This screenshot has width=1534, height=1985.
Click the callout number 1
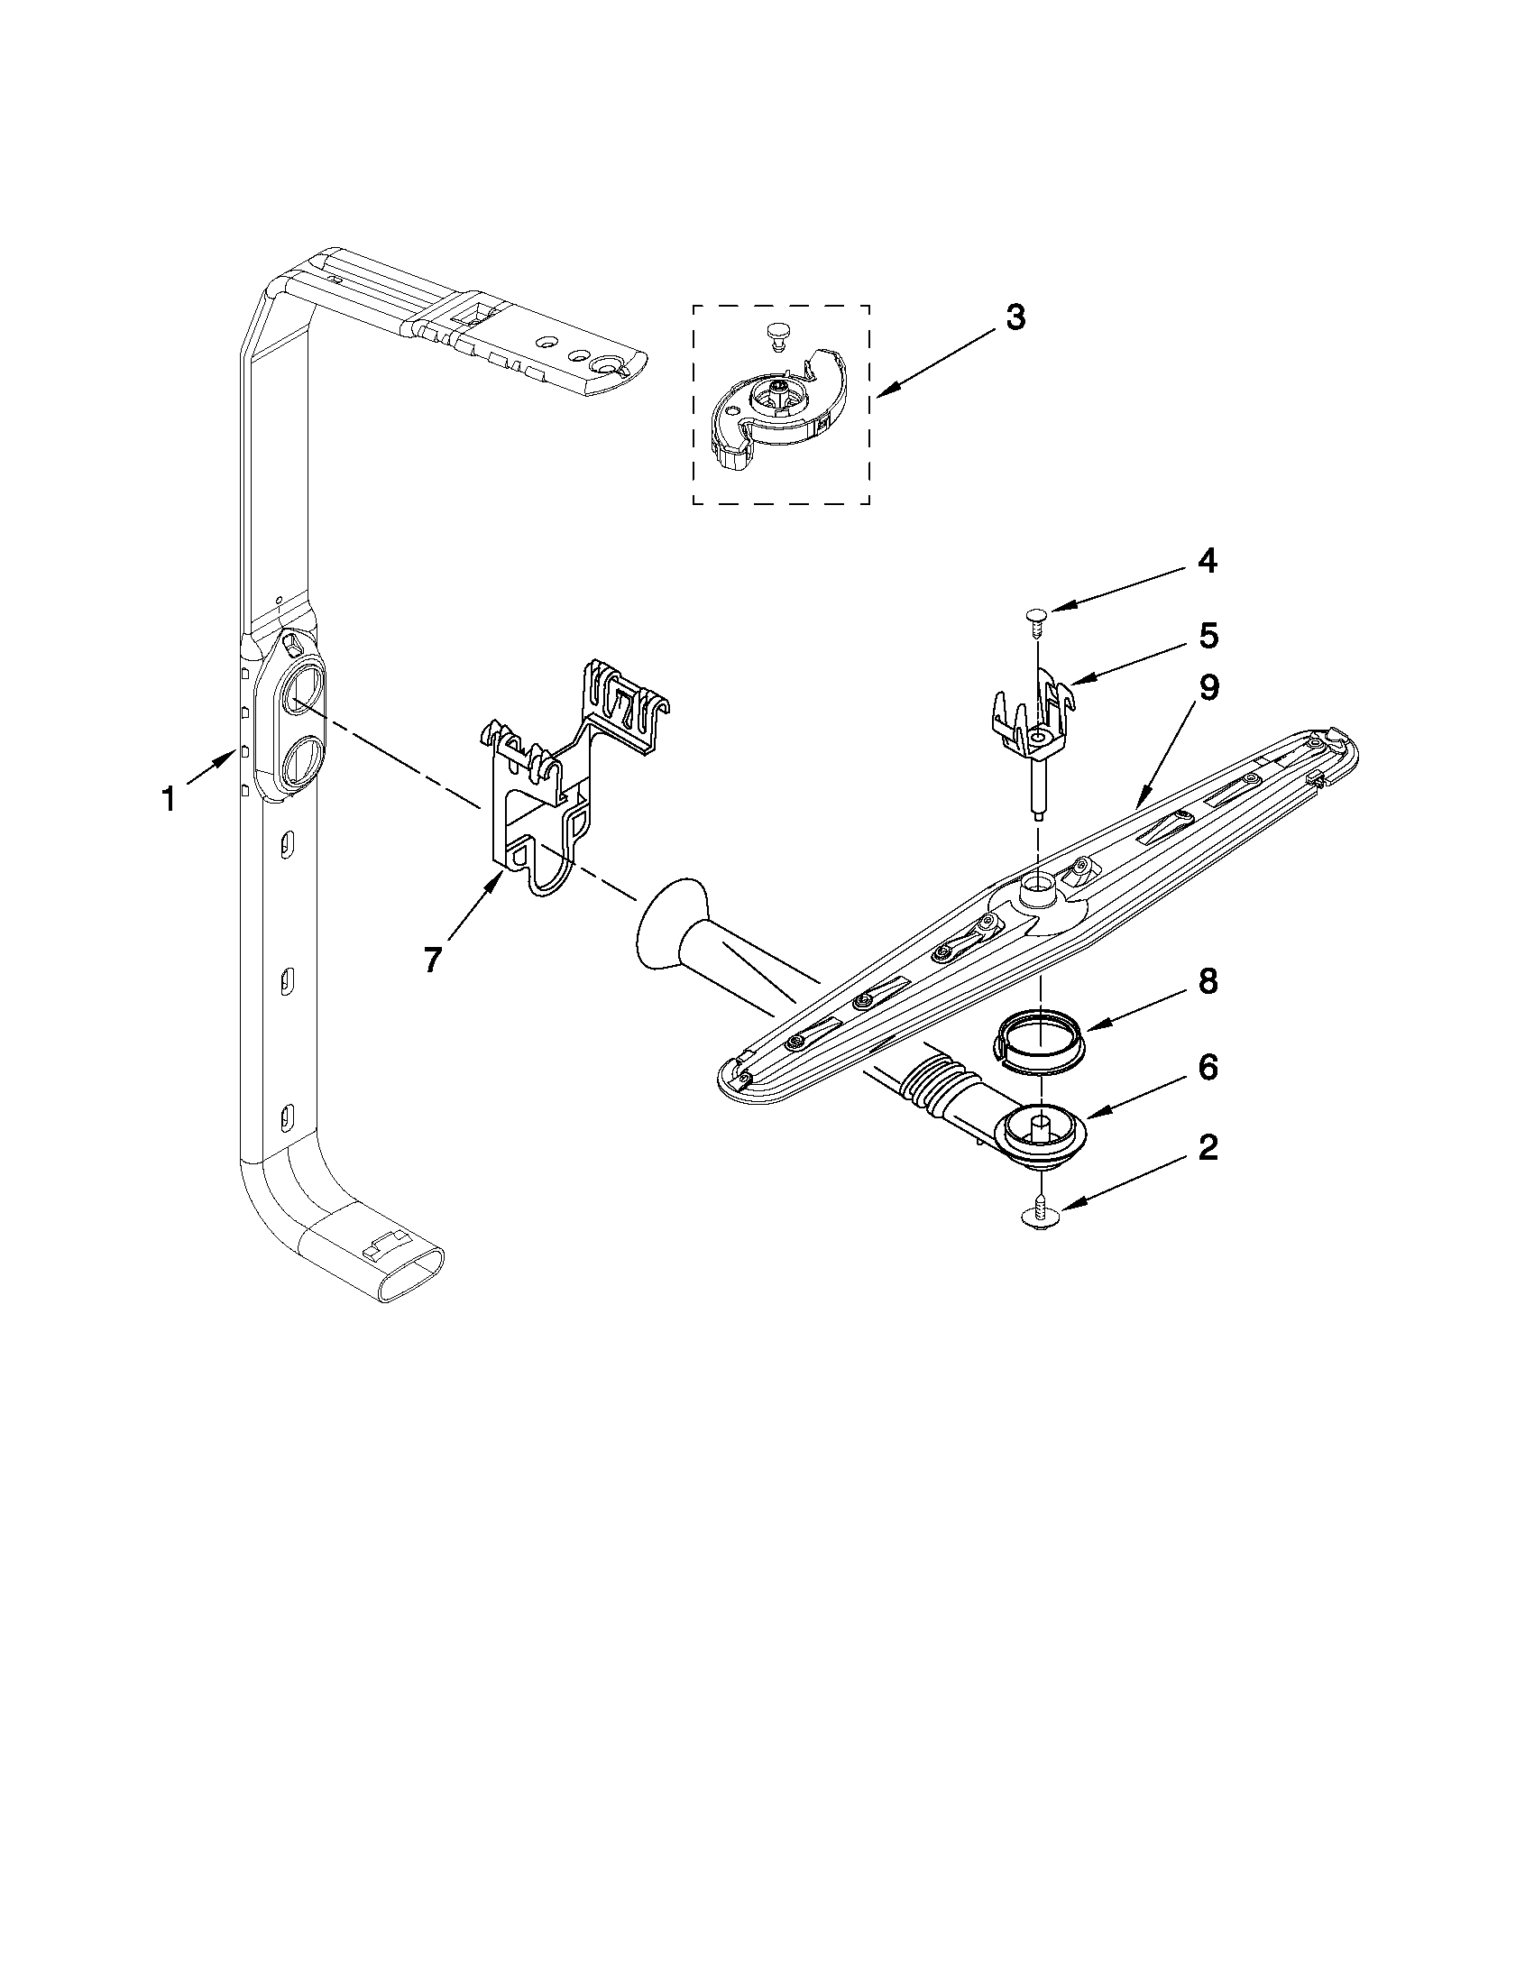point(167,800)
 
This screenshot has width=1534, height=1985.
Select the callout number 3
point(1016,317)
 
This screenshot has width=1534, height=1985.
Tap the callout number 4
point(1206,562)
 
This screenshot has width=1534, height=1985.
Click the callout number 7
point(433,958)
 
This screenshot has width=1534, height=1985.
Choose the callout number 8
point(1207,982)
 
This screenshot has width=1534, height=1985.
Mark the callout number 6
point(1207,1066)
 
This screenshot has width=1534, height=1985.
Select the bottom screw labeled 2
point(1036,1218)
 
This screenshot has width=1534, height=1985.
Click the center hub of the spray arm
point(1037,891)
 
